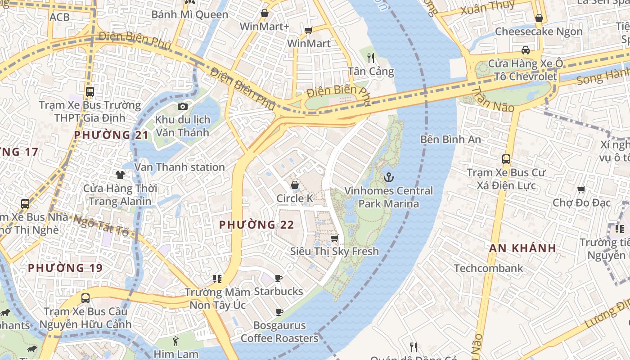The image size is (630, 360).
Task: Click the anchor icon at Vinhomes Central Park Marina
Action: click(388, 177)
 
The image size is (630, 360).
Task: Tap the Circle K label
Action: click(295, 198)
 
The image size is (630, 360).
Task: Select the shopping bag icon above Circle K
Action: click(295, 185)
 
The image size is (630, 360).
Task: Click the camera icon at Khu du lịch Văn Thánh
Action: click(182, 106)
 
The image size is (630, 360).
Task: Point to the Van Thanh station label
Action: click(180, 167)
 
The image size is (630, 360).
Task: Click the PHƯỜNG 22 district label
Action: click(256, 225)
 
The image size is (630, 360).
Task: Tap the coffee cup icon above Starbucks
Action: click(279, 278)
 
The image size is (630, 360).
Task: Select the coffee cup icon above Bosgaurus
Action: click(279, 312)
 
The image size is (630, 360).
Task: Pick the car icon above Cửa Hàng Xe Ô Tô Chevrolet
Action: click(525, 50)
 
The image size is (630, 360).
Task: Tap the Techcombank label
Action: click(488, 269)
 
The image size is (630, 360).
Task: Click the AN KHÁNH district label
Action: click(522, 248)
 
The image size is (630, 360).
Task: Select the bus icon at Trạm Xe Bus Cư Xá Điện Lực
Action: click(506, 159)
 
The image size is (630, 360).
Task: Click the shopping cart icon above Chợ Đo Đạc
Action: click(581, 190)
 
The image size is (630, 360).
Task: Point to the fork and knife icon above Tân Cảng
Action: click(371, 58)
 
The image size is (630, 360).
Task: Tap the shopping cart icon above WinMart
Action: click(308, 30)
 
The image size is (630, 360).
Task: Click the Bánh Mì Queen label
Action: click(190, 14)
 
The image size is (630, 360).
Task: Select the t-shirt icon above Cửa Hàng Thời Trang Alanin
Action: click(120, 175)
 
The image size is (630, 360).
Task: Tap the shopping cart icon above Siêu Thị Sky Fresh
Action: click(334, 238)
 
